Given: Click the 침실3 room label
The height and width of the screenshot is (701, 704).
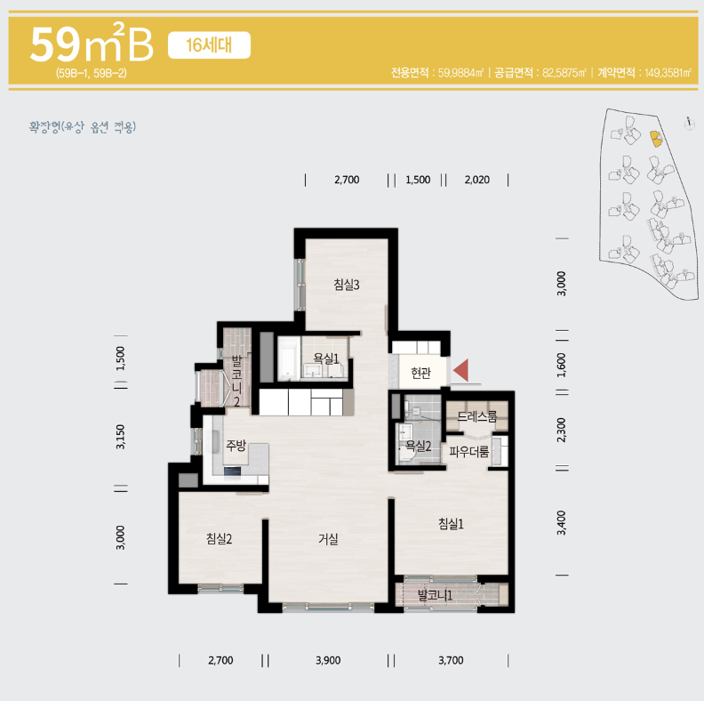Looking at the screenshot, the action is click(346, 285).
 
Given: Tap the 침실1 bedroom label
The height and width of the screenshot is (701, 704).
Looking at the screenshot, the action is click(451, 523).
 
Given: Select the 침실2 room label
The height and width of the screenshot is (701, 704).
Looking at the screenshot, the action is click(219, 538).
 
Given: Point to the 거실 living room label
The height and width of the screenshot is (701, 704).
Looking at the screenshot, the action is click(328, 538).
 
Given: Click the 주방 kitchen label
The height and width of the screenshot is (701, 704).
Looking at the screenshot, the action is click(236, 446).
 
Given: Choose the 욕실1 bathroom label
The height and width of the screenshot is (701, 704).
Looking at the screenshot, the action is click(326, 359).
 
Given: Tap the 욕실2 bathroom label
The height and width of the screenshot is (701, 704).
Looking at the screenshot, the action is click(418, 446).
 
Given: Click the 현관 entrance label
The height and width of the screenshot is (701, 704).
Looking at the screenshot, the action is click(420, 373).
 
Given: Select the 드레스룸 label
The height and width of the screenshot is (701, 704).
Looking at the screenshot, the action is click(476, 416).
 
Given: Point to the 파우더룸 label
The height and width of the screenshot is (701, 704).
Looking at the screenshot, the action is click(468, 451).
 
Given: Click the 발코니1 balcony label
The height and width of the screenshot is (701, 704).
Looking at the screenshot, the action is click(435, 595).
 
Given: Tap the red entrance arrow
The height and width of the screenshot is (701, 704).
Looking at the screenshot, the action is click(461, 370).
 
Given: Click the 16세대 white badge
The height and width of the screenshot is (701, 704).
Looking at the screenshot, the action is click(209, 45).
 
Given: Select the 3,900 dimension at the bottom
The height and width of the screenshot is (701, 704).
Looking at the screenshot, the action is click(328, 660).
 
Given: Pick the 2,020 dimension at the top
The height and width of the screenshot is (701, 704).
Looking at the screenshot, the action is click(476, 180).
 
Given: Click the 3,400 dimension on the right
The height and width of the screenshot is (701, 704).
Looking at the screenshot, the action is click(561, 522).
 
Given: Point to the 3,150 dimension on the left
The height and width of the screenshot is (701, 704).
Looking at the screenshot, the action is click(120, 436).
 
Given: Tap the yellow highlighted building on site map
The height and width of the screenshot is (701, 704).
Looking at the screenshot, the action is click(655, 139).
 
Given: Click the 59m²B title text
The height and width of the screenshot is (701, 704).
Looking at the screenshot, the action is click(92, 44).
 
